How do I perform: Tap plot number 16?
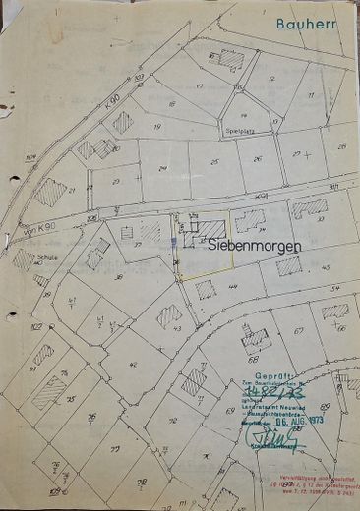point(171,103)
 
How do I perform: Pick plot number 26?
point(258,157)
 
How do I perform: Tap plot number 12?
point(271,79)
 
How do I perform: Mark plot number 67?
point(298,331)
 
